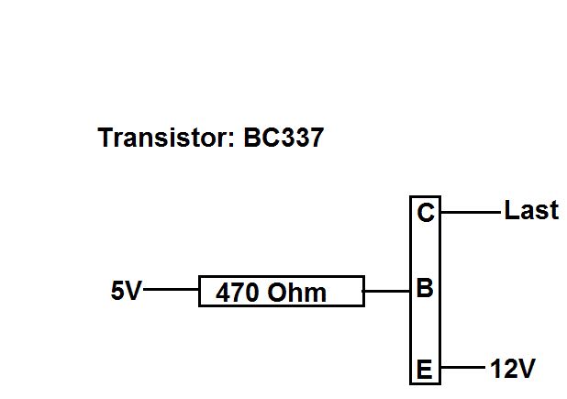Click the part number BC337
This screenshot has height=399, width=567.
(283, 139)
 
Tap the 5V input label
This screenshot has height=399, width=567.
(127, 291)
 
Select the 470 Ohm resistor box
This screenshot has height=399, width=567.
(281, 291)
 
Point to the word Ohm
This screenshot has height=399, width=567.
(297, 293)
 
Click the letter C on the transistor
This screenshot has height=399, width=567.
(425, 214)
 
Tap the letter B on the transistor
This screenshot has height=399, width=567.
(425, 289)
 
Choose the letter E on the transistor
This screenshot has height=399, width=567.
(425, 370)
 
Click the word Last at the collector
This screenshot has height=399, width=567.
(531, 211)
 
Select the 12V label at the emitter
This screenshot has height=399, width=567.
(512, 370)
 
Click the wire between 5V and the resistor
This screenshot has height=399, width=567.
(172, 290)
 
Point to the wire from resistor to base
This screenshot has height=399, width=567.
(386, 291)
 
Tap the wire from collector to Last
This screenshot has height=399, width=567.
(472, 212)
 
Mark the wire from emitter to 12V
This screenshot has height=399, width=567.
(462, 370)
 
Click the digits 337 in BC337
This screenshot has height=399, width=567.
(301, 139)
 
